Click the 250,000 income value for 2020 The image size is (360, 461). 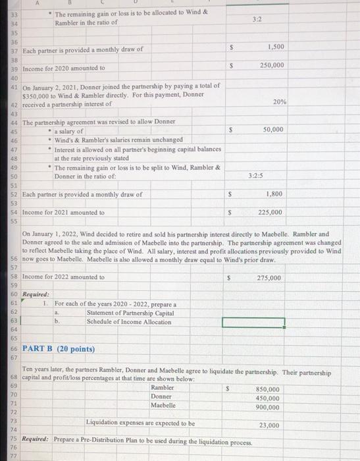(x=271, y=65)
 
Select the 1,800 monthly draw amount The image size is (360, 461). (x=274, y=194)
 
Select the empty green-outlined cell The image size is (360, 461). (x=253, y=323)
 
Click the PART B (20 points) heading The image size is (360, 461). (x=59, y=348)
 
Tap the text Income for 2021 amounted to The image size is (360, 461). (x=64, y=212)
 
